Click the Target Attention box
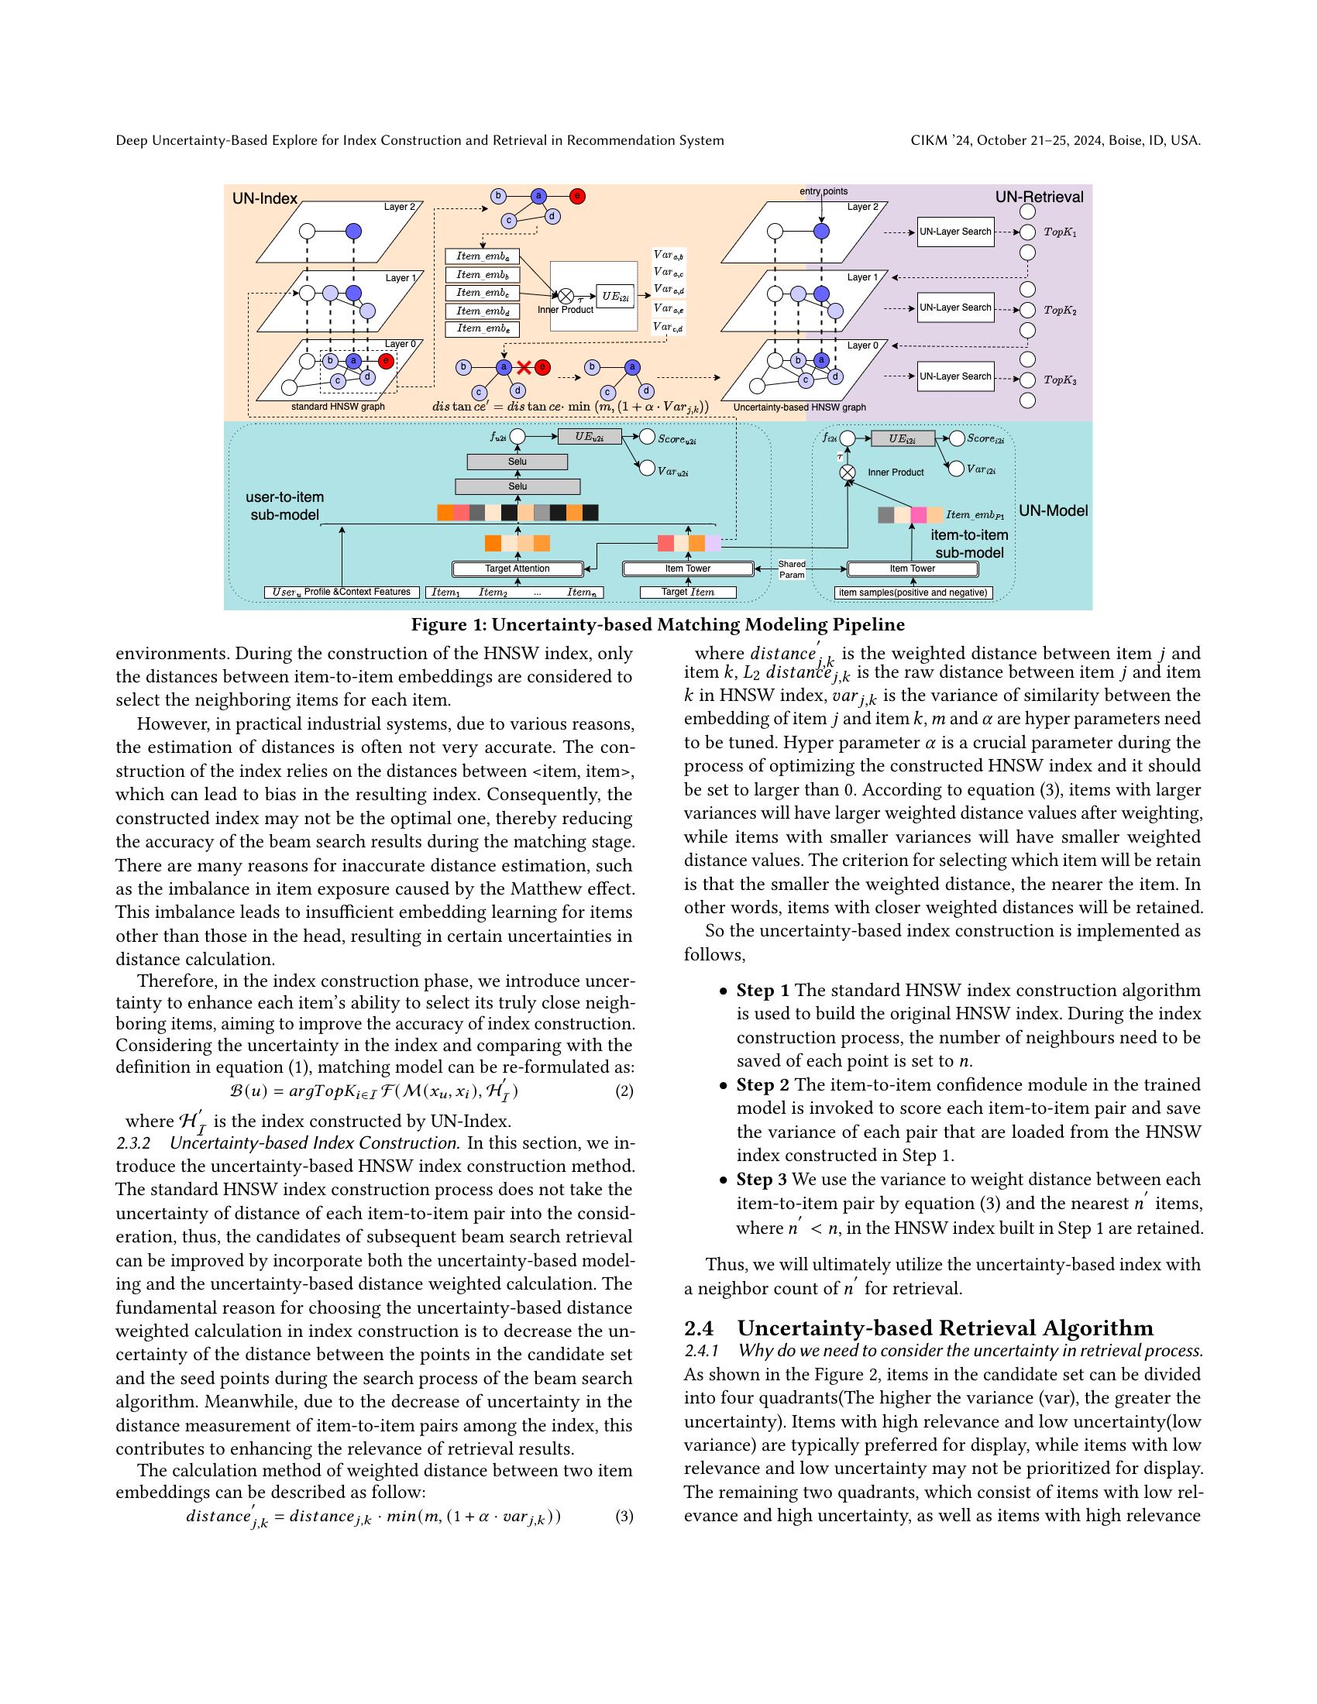pos(518,569)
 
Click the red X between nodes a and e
pos(524,366)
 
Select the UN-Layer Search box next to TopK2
pos(955,307)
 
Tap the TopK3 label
pos(1061,381)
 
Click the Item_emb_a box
pos(482,256)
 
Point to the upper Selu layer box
pos(518,462)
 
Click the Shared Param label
pos(792,569)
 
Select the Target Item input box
pos(687,593)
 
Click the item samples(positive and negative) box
pos(912,593)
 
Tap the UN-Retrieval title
pos(1038,197)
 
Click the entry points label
pos(823,191)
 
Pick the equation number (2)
pos(624,1091)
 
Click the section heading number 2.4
pos(698,1328)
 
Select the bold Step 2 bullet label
pos(762,1084)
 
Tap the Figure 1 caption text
pos(658,625)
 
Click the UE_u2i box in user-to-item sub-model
pos(589,437)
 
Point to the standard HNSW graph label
pos(338,407)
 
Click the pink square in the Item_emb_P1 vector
pos(918,515)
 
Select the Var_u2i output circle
pos(646,467)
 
